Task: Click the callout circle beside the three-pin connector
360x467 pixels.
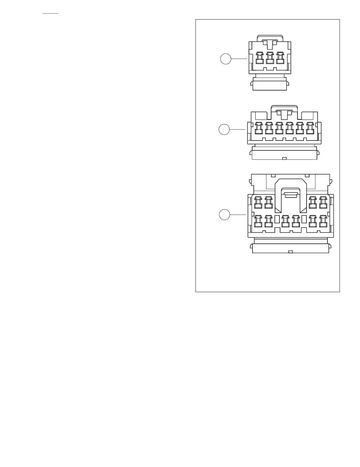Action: click(226, 59)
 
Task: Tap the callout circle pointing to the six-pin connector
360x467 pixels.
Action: click(224, 129)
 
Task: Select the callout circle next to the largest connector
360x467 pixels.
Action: click(224, 215)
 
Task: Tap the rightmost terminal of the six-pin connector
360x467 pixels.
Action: click(310, 128)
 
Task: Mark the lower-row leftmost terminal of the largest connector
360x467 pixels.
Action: click(258, 222)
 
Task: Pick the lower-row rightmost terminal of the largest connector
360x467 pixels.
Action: click(323, 222)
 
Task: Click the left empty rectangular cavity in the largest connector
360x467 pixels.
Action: click(277, 219)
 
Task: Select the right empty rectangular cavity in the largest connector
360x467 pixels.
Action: click(304, 219)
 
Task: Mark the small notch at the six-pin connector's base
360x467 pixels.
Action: click(284, 158)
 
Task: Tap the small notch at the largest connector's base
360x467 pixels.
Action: click(290, 251)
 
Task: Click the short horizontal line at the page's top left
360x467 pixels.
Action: click(50, 14)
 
